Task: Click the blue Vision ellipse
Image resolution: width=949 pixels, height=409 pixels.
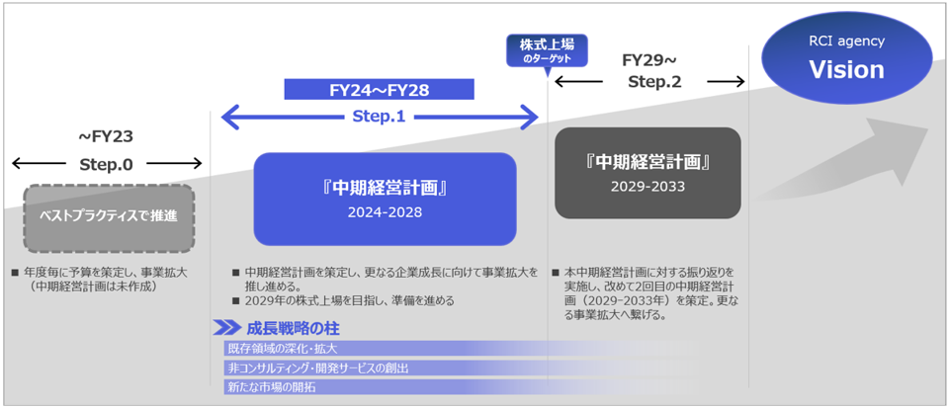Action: point(846,59)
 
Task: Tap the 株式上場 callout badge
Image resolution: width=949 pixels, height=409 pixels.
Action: point(547,50)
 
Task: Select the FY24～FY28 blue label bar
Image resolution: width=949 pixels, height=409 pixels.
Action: point(380,90)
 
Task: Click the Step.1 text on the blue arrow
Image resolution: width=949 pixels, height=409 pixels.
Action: point(380,117)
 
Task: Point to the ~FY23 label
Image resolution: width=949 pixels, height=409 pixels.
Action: point(106,137)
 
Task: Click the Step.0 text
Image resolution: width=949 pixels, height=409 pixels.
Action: point(106,164)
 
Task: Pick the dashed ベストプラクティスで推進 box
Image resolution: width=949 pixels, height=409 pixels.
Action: point(109,214)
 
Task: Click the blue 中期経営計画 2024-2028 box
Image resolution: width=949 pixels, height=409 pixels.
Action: point(385,198)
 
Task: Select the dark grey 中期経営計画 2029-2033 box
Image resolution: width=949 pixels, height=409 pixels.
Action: point(647,172)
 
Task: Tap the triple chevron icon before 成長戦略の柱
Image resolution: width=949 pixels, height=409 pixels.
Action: point(226,328)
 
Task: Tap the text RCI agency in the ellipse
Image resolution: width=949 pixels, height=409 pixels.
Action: point(846,41)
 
